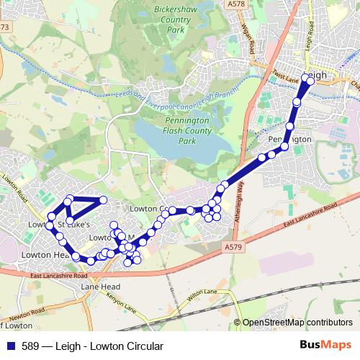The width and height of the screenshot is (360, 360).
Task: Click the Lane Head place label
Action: (98, 287)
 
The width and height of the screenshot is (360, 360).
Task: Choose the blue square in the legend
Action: (9, 346)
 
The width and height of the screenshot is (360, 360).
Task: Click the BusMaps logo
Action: (328, 346)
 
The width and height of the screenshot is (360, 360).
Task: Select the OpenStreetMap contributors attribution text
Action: (297, 323)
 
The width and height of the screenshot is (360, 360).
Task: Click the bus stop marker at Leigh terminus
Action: (310, 78)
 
